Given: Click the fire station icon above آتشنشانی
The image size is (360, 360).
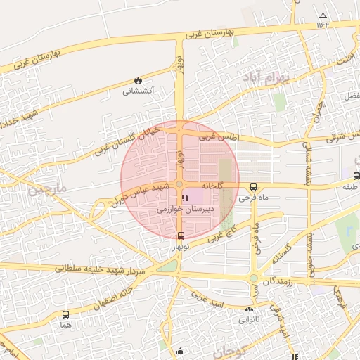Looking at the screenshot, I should coord(137,81).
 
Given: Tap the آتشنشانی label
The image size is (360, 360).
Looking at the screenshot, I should coord(137,91).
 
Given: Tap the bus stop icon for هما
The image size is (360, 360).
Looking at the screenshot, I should coord(65,314).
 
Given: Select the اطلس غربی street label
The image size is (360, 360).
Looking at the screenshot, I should coord(219,138).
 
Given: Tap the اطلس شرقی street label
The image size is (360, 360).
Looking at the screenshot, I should coord(343,138).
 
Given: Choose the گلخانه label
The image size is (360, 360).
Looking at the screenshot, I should coord(212,185).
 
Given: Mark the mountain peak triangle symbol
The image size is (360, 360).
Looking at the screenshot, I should coord(323,15).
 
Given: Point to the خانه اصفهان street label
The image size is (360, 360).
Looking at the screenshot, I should coord(116,295).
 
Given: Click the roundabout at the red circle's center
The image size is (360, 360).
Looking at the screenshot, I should coord(180,185).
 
